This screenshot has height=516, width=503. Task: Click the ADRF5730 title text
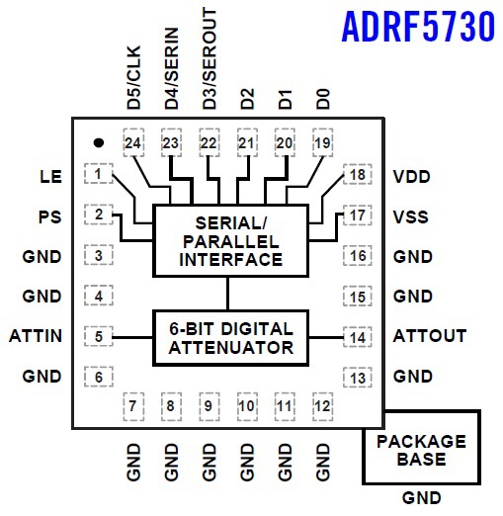tap(418, 27)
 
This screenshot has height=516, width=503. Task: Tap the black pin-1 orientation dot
tap(99, 142)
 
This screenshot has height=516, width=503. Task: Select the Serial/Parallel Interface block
tap(230, 240)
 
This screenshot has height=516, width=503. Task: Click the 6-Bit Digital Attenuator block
tap(230, 338)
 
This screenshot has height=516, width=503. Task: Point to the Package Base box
tap(421, 447)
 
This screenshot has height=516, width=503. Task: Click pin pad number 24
tap(133, 142)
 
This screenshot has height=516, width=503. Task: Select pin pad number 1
tap(99, 174)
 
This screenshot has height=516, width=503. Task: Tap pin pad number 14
tap(358, 337)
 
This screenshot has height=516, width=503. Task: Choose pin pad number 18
tap(358, 174)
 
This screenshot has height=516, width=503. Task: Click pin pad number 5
tap(99, 336)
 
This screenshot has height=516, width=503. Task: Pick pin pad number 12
tap(323, 406)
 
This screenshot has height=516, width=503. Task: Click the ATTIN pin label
tap(36, 336)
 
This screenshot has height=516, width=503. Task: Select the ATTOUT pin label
tap(430, 336)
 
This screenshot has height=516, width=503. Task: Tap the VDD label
tap(412, 177)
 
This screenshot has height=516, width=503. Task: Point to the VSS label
tap(411, 217)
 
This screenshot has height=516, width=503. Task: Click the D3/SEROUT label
tap(210, 58)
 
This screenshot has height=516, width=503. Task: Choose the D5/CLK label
tap(133, 77)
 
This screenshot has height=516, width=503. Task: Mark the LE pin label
tap(50, 177)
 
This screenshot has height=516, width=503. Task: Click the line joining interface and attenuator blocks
tap(227, 294)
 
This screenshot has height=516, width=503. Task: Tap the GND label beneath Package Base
tap(421, 498)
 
